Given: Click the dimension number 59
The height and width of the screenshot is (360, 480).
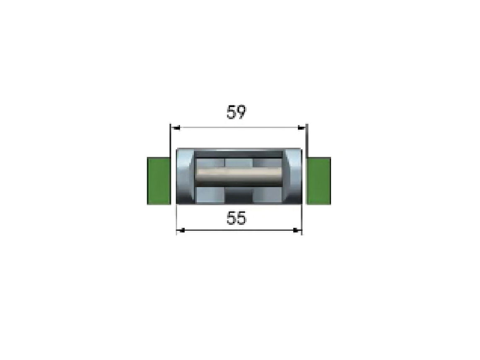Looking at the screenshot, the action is (x=236, y=112).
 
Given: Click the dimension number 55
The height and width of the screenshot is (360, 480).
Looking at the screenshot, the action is (x=236, y=218).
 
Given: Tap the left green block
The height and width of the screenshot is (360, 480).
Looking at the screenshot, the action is (x=159, y=180).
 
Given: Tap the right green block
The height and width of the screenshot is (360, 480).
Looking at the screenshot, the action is (x=318, y=180).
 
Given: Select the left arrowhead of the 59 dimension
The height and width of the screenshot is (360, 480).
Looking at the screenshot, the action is (x=175, y=128).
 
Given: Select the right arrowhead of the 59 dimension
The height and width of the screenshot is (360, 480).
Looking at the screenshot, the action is (x=302, y=128).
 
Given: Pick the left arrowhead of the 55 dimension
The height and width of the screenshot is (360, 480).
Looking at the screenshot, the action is (x=181, y=230).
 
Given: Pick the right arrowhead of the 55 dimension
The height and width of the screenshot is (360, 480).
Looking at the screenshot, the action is (x=297, y=230).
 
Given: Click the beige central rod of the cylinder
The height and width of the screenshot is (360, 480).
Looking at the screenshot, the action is (x=239, y=175).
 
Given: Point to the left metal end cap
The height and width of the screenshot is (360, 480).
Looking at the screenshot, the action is (x=185, y=176).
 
